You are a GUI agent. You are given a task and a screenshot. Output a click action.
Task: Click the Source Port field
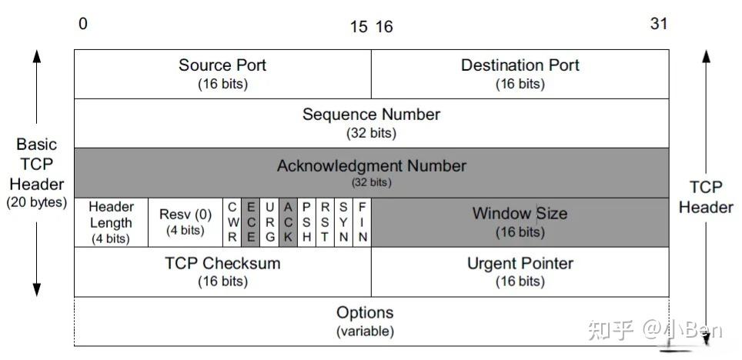(x=222, y=74)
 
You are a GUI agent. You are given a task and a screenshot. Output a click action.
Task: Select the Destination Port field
(x=520, y=74)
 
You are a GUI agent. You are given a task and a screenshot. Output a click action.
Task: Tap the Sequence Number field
(x=371, y=123)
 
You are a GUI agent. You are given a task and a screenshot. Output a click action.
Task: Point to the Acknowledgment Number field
(x=371, y=172)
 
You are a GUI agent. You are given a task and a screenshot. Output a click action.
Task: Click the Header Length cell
(x=111, y=222)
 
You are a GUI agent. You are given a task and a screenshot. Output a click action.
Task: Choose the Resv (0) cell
(x=185, y=222)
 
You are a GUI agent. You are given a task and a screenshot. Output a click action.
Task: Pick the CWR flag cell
(x=232, y=222)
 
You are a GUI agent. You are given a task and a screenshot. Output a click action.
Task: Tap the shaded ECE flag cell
(x=250, y=222)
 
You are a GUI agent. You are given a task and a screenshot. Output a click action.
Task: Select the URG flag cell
(x=269, y=222)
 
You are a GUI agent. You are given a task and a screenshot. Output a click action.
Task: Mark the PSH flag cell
(x=306, y=222)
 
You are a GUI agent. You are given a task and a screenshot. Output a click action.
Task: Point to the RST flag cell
(x=325, y=222)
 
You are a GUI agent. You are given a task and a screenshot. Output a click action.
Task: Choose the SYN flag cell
(x=343, y=222)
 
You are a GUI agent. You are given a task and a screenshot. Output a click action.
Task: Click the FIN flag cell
(x=362, y=222)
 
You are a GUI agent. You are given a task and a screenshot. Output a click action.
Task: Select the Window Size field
(x=520, y=222)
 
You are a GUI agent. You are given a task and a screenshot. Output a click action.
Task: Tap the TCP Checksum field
(x=222, y=272)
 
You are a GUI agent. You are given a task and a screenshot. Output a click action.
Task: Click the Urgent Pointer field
(x=520, y=272)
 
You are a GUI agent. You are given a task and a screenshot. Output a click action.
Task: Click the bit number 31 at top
(x=658, y=24)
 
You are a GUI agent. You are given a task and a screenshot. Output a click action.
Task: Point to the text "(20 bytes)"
(x=35, y=204)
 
